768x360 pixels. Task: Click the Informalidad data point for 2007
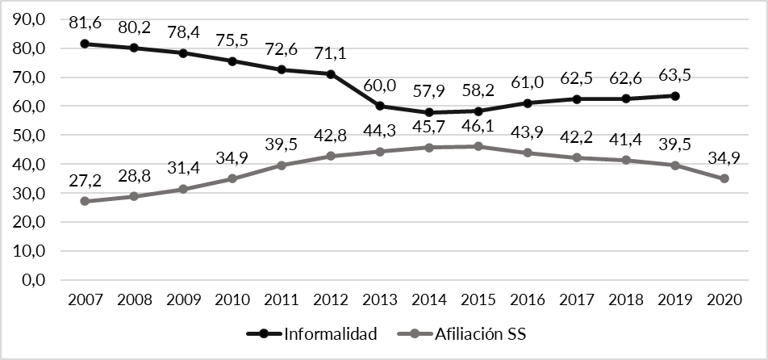(85, 44)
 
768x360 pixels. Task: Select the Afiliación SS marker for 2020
(724, 178)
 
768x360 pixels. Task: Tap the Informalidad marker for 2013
(380, 106)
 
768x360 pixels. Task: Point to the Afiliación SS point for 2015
(478, 146)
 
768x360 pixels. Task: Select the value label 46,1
(478, 127)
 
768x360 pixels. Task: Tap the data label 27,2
(85, 182)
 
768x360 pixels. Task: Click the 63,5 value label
(675, 76)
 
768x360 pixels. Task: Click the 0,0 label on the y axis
(39, 280)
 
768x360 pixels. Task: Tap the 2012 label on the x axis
(331, 299)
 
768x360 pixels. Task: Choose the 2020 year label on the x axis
(724, 299)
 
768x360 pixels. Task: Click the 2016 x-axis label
(528, 299)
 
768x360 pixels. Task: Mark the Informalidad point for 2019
(675, 96)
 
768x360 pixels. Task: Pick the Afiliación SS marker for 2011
(282, 165)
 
